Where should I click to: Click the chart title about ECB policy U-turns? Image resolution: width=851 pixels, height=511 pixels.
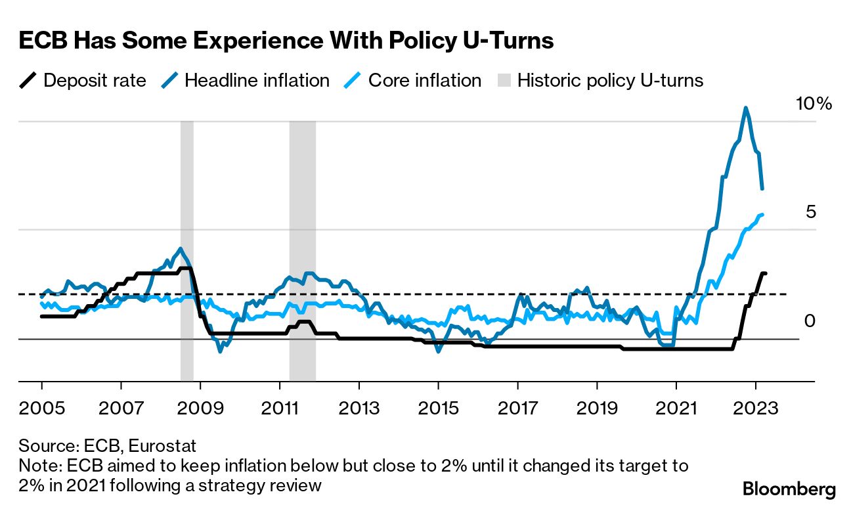point(286,41)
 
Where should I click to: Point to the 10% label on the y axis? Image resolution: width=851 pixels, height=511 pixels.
point(814,104)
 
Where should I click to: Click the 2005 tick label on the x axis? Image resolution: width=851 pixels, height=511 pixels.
point(42,408)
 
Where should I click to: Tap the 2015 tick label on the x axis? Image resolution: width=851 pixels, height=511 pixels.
point(439,408)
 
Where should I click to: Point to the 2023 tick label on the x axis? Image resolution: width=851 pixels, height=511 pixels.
point(756,408)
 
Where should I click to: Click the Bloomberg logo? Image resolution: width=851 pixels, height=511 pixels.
point(789,489)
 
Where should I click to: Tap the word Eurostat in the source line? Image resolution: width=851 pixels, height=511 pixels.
point(162,447)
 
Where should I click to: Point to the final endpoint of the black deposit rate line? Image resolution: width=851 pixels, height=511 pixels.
point(765,273)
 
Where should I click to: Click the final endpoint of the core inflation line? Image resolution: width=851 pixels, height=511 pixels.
point(762,214)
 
